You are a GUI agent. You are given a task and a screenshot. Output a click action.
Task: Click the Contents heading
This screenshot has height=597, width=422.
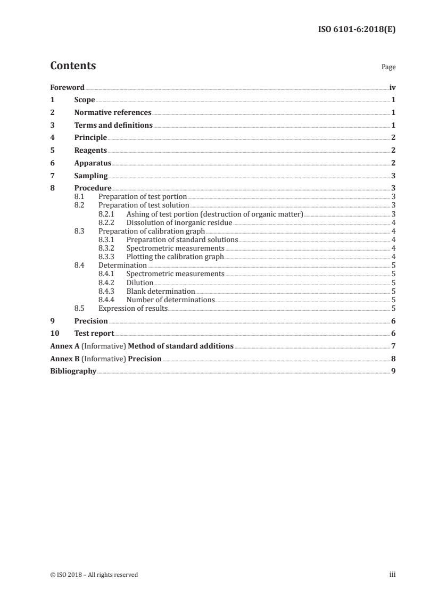pyautogui.click(x=73, y=66)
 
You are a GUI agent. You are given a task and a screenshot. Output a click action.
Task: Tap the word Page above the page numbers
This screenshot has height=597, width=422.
pyautogui.click(x=388, y=68)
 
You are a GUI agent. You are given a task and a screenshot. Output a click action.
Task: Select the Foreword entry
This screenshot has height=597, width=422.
pyautogui.click(x=67, y=87)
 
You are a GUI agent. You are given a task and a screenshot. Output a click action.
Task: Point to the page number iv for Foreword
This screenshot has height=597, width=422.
pyautogui.click(x=392, y=87)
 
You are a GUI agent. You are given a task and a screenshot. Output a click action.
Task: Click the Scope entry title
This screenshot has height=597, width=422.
pyautogui.click(x=85, y=100)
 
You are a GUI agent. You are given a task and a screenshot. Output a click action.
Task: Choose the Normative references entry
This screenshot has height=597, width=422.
pyautogui.click(x=113, y=113)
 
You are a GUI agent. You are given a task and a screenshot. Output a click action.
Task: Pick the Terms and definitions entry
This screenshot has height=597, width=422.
pyautogui.click(x=113, y=126)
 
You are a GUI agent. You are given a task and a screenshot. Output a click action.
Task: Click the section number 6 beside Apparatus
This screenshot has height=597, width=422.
pyautogui.click(x=52, y=163)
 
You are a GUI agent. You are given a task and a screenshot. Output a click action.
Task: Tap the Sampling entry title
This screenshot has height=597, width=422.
pyautogui.click(x=91, y=176)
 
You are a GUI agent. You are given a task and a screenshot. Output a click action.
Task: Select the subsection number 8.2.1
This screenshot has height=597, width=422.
pyautogui.click(x=107, y=214)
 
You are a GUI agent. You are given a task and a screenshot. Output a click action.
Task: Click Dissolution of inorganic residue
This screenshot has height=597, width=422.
pyautogui.click(x=179, y=222)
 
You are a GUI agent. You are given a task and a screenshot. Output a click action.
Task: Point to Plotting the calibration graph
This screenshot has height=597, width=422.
pyautogui.click(x=175, y=256)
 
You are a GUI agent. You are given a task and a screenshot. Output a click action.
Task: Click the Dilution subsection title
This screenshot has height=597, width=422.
pyautogui.click(x=140, y=283)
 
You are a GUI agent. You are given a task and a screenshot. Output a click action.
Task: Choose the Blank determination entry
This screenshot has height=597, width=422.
pyautogui.click(x=161, y=291)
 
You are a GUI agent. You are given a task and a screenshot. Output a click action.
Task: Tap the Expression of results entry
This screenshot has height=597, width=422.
pyautogui.click(x=133, y=308)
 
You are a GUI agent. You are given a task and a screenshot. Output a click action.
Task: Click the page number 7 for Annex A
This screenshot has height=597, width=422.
pyautogui.click(x=393, y=346)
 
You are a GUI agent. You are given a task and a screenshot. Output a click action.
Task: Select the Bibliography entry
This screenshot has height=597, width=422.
pyautogui.click(x=73, y=371)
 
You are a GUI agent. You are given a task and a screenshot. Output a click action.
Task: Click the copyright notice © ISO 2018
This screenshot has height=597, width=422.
pyautogui.click(x=94, y=575)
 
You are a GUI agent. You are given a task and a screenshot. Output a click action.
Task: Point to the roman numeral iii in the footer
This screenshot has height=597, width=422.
pyautogui.click(x=392, y=575)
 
